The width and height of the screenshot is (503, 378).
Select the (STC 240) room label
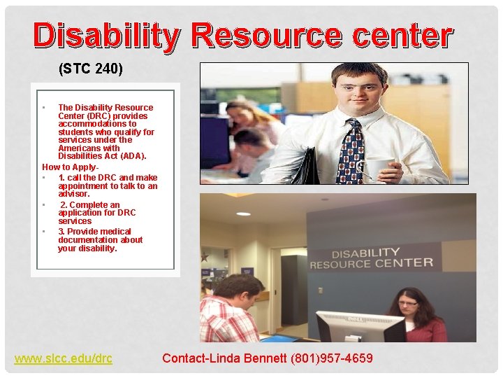91,69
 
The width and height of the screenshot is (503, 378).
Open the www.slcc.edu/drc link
64,358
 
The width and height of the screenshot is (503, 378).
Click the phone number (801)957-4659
332,358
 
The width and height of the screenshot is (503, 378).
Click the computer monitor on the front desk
360,326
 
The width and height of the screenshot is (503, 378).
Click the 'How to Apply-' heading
71,167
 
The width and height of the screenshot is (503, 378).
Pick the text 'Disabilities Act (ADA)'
102,156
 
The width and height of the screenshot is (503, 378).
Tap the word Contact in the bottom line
183,358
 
